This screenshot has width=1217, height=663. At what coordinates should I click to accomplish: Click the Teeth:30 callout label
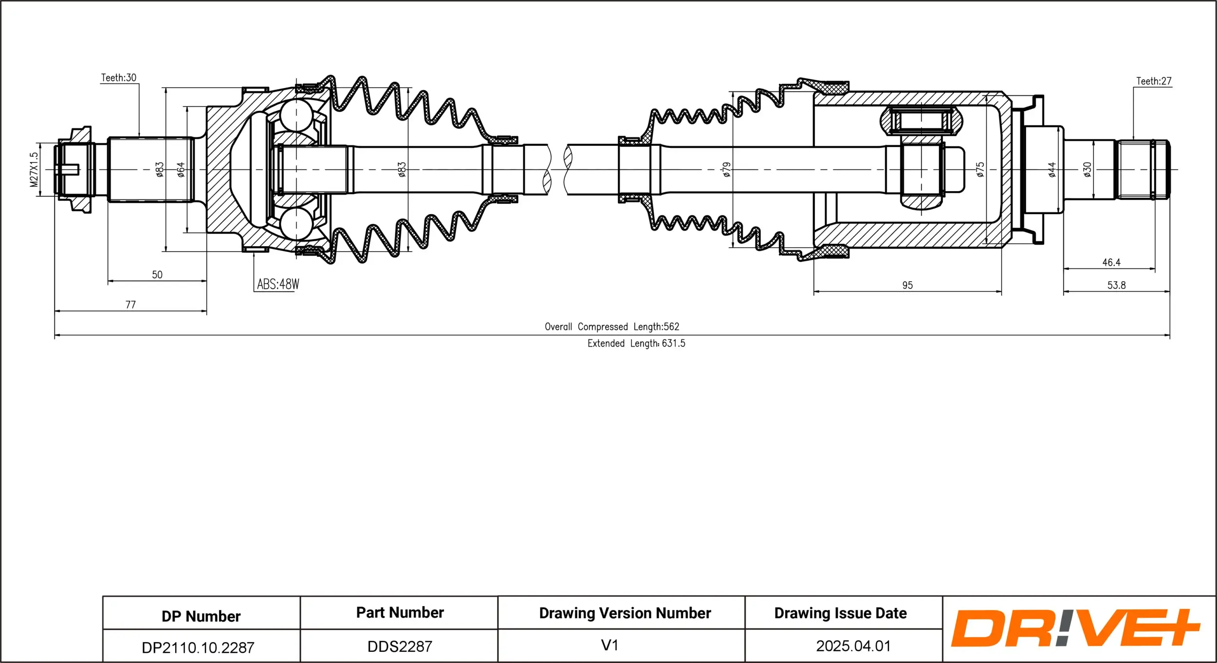[118, 78]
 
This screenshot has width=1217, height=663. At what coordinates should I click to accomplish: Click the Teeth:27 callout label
[1153, 81]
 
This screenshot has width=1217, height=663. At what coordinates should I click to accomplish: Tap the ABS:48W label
[277, 284]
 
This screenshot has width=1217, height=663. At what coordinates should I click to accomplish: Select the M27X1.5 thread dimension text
[34, 169]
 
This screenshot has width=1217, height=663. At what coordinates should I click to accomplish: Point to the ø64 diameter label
[181, 169]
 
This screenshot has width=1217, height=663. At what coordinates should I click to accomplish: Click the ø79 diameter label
[726, 169]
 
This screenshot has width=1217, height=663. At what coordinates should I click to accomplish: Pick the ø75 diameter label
[980, 169]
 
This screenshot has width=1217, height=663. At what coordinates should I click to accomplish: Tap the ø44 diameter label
[1052, 169]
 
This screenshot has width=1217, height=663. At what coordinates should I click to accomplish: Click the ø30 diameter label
[1087, 169]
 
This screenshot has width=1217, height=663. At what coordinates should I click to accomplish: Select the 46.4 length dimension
[1111, 263]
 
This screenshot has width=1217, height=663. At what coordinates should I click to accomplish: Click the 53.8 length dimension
[1116, 286]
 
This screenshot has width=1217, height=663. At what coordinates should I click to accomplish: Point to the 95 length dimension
[907, 286]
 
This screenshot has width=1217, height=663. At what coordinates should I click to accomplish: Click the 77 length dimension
[130, 305]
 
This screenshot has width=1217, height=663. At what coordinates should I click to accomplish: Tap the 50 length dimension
[157, 275]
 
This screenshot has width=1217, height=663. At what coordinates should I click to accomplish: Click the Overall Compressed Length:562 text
[611, 327]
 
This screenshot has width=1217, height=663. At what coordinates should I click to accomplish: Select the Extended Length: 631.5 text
[636, 343]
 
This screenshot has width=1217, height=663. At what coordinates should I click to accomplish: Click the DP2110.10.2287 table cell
[198, 647]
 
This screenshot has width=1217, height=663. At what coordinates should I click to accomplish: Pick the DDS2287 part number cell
[400, 646]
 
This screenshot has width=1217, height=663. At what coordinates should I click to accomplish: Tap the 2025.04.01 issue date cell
[853, 646]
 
